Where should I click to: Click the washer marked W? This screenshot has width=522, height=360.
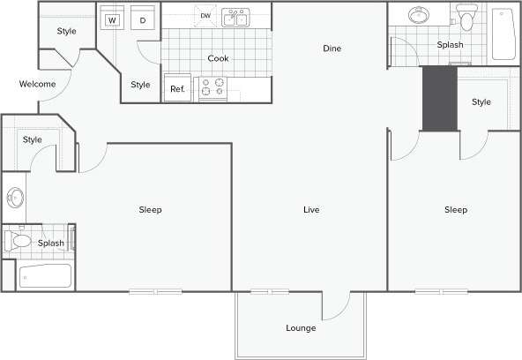(113, 19)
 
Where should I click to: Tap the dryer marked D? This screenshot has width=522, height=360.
(142, 19)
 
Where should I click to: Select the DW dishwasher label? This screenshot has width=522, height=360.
(205, 16)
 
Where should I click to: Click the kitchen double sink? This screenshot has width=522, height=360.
(235, 18)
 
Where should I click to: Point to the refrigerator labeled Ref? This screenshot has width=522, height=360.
(177, 88)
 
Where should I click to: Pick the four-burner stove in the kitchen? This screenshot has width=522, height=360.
(213, 87)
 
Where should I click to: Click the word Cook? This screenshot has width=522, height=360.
(218, 58)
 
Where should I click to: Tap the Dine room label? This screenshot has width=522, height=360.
(332, 49)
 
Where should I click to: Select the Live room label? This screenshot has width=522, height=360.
(310, 210)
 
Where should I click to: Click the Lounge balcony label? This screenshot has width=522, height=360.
(301, 328)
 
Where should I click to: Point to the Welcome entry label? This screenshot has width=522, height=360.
(38, 85)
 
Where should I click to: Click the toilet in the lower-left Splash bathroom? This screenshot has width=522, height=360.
(19, 240)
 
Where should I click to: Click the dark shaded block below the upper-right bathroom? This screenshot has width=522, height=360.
(439, 98)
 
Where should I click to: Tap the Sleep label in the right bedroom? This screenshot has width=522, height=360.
(455, 210)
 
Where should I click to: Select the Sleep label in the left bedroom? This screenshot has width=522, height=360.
(150, 210)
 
